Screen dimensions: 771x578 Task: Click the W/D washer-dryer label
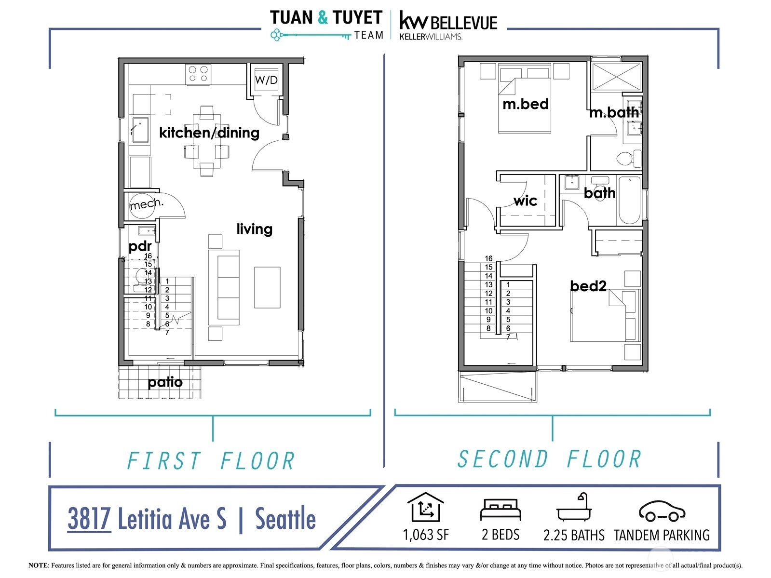(x=266, y=80)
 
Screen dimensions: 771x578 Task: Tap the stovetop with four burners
(x=199, y=74)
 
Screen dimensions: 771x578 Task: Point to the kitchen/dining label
(x=209, y=133)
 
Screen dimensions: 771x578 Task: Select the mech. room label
(x=147, y=203)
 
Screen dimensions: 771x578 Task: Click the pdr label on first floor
(x=140, y=246)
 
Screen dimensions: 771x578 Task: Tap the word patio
(x=165, y=382)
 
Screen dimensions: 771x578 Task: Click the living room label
(x=254, y=229)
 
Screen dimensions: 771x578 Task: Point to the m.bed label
(x=526, y=104)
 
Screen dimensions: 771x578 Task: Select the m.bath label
(x=614, y=112)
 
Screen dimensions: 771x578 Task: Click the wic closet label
(x=525, y=201)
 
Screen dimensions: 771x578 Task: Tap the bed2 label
(x=588, y=286)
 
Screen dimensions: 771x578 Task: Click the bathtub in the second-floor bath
(x=629, y=200)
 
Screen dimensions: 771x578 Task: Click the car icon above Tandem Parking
(x=662, y=511)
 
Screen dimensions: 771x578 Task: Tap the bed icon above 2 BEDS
(x=500, y=510)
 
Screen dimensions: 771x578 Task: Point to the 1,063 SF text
(x=426, y=535)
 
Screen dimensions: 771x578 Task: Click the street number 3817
(x=89, y=518)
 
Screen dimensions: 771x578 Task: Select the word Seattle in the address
(x=285, y=518)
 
